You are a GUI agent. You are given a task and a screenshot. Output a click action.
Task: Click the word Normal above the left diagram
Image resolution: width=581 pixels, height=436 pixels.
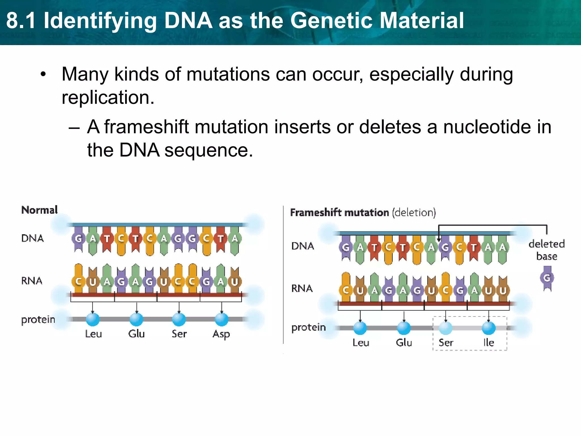(39, 210)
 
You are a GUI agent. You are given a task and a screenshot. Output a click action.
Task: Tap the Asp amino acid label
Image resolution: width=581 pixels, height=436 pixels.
(221, 334)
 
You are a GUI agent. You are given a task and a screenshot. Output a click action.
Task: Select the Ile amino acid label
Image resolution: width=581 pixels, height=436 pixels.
(489, 342)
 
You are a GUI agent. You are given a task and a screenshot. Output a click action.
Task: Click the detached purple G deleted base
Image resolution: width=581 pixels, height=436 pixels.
(547, 278)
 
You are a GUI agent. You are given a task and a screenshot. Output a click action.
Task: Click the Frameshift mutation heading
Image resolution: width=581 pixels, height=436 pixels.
(339, 212)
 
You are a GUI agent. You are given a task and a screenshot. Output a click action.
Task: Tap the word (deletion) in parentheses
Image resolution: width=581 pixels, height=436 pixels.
(414, 212)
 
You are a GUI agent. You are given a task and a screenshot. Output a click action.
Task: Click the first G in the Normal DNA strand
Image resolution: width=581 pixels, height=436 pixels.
(78, 238)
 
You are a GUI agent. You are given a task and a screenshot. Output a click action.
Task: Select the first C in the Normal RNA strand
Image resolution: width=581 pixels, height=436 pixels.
(78, 282)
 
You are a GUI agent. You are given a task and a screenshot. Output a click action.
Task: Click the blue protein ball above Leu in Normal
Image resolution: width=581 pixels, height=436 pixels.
(93, 319)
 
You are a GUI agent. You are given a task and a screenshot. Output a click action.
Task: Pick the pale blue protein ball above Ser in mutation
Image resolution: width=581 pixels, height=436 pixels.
(446, 328)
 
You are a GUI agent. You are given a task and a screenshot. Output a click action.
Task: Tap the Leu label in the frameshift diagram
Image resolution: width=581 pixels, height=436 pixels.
(361, 343)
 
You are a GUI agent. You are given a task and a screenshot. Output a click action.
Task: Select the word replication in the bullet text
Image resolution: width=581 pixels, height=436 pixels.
(108, 98)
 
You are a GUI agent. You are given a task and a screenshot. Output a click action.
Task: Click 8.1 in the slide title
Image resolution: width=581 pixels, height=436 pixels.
(21, 20)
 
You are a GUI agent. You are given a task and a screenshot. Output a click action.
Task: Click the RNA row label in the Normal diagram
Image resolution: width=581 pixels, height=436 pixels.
(32, 281)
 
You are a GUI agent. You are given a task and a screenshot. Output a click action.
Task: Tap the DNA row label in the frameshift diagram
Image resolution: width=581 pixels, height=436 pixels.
(302, 246)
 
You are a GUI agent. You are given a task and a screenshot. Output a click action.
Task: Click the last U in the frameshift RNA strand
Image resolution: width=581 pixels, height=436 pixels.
(503, 290)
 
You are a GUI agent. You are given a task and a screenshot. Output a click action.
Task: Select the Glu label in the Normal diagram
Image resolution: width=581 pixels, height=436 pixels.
(136, 334)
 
